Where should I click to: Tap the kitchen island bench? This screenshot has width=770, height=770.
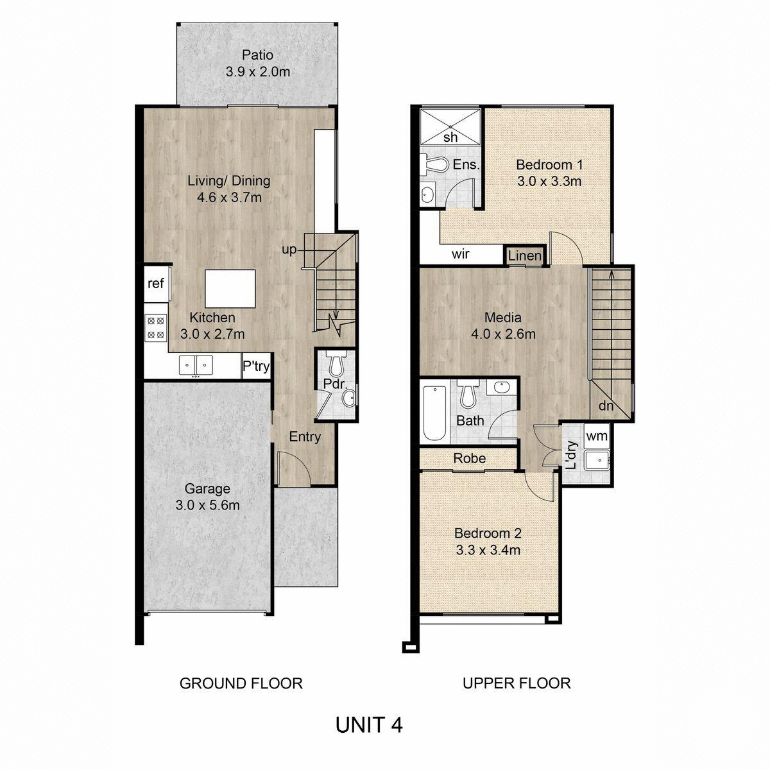click(x=230, y=289)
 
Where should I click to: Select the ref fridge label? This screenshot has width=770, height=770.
click(x=156, y=283)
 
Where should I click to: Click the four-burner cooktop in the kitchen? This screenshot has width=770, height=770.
click(x=155, y=327)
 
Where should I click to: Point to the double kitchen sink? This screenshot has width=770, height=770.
click(x=196, y=364)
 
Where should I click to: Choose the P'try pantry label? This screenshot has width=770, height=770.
click(x=255, y=367)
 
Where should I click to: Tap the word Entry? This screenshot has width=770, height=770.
click(x=305, y=437)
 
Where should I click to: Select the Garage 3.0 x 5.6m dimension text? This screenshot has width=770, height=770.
click(x=207, y=505)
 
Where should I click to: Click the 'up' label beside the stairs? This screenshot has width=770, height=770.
click(x=289, y=250)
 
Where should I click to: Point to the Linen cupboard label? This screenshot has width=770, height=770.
click(x=524, y=256)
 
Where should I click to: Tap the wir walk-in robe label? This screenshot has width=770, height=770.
click(x=461, y=254)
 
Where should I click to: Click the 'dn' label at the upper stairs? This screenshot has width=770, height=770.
click(x=606, y=406)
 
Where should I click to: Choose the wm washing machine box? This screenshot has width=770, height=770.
click(x=597, y=436)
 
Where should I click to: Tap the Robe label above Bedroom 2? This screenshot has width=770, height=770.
click(x=469, y=458)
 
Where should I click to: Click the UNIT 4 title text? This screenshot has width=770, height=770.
click(x=369, y=725)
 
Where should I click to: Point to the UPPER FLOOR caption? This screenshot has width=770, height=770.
click(x=517, y=683)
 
